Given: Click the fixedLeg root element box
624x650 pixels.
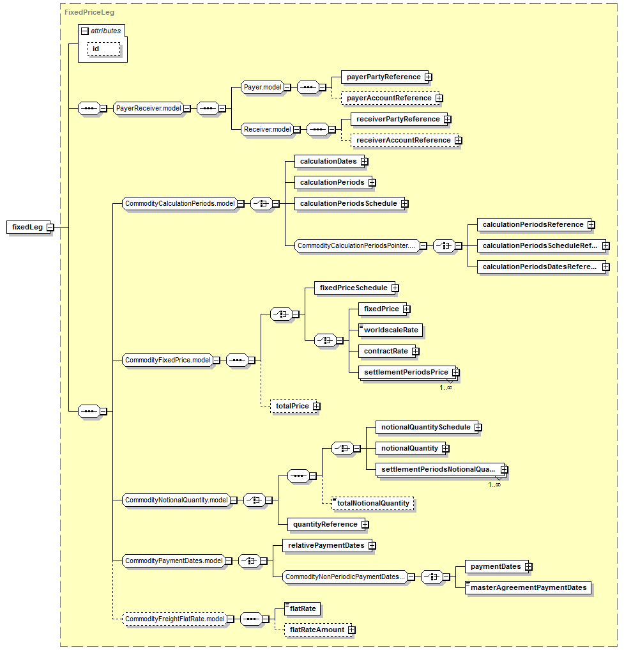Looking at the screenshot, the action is tap(28, 227).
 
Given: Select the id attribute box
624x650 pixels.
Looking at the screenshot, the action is tap(103, 49).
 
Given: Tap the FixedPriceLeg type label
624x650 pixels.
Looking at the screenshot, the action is tap(89, 12).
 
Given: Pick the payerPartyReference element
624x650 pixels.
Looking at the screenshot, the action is tap(384, 77).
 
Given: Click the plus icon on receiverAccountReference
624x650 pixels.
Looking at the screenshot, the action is tap(459, 140).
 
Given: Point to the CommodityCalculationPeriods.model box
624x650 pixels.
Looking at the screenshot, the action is tap(180, 203).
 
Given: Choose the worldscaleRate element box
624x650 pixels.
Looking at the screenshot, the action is tap(390, 330).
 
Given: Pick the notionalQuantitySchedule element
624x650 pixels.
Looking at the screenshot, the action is tap(427, 428).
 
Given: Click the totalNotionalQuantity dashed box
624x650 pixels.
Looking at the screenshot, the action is tap(372, 503).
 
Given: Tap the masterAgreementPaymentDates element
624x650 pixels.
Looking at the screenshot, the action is tap(528, 588).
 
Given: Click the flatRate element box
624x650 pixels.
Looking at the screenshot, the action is tap(303, 609).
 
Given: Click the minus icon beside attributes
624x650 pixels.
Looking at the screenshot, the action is tap(85, 31).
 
